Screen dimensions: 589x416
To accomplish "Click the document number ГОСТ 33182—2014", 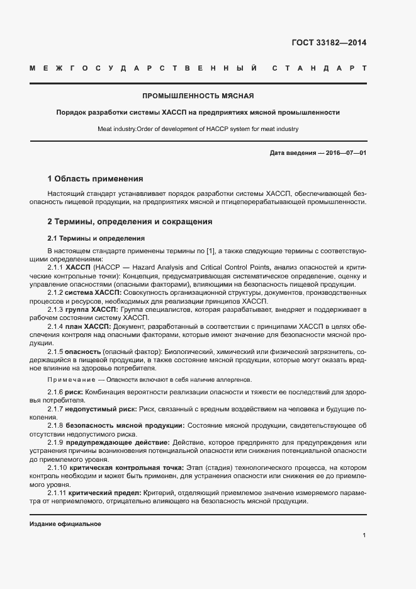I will (x=329, y=43).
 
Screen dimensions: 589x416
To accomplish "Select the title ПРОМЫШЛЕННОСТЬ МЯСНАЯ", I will (x=198, y=96).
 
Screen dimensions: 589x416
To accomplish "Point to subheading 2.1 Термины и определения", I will (x=96, y=239).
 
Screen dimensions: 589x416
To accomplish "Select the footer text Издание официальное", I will (x=65, y=524).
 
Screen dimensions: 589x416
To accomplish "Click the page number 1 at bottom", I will (x=364, y=535).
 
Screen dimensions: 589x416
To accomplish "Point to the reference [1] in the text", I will (x=211, y=251).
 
